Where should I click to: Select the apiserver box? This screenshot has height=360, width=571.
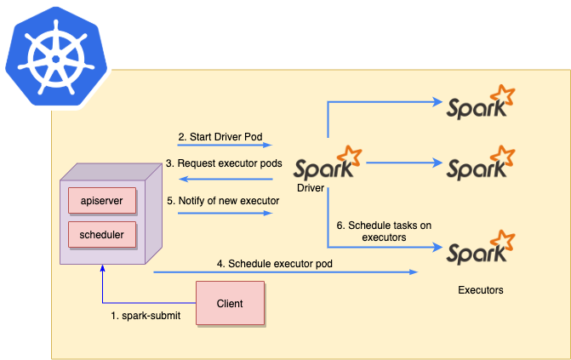101,201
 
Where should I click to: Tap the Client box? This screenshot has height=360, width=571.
230,303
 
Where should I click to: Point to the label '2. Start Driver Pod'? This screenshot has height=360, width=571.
219,136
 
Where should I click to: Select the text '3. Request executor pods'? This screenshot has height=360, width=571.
224,163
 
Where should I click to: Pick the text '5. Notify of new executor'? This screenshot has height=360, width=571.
222,201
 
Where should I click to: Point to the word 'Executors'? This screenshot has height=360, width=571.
480,290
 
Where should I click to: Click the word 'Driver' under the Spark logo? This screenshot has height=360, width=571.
311,186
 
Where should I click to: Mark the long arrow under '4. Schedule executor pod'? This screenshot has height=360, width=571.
285,272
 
